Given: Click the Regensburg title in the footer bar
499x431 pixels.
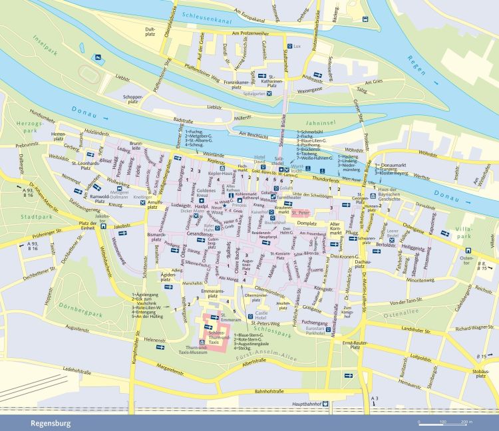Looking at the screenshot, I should pos(50,422).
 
